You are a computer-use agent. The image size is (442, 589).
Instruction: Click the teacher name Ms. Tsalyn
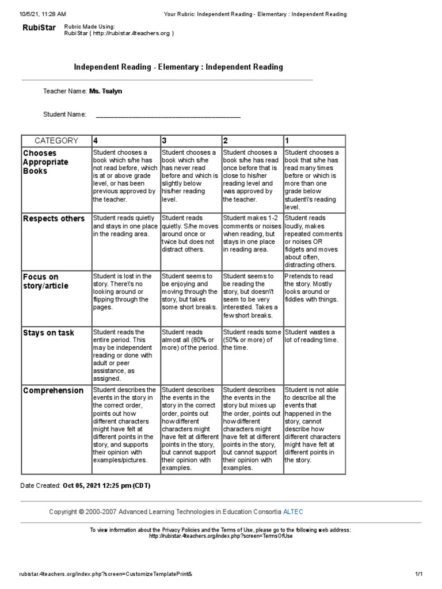pyautogui.click(x=105, y=91)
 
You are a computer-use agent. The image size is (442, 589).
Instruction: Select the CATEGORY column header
pyautogui.click(x=56, y=140)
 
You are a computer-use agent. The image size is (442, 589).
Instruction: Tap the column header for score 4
pyautogui.click(x=96, y=140)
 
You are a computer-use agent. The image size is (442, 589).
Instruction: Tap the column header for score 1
pyautogui.click(x=287, y=140)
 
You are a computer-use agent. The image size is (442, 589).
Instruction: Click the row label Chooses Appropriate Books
pyautogui.click(x=45, y=162)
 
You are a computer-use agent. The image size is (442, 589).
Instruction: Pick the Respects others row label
pyautogui.click(x=54, y=219)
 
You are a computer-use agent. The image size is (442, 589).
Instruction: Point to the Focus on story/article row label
pyautogui.click(x=45, y=281)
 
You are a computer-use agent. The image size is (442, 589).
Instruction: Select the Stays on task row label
pyautogui.click(x=48, y=333)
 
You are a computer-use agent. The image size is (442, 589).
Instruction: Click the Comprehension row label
pyautogui.click(x=53, y=391)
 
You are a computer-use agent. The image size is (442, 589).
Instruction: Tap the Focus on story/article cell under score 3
pyautogui.click(x=190, y=292)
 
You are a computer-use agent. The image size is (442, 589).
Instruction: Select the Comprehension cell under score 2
pyautogui.click(x=252, y=429)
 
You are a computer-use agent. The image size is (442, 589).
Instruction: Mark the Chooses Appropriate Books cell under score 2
pyautogui.click(x=252, y=175)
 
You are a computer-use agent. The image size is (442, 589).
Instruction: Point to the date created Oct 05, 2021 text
pyautogui.click(x=106, y=485)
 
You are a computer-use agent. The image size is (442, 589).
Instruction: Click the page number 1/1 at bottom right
pyautogui.click(x=418, y=574)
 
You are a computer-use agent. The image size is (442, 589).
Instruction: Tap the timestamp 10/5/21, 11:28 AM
pyautogui.click(x=43, y=14)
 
